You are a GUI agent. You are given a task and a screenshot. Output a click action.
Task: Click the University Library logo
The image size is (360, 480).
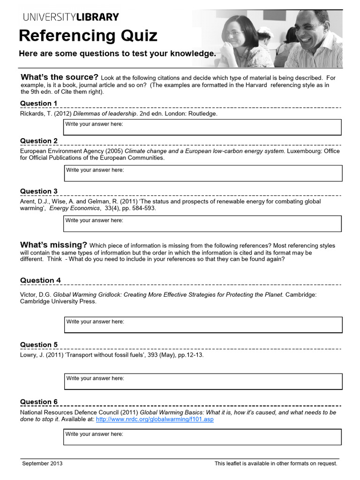(x=71, y=17)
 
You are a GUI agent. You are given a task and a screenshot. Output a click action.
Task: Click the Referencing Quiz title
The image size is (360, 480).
(x=88, y=36)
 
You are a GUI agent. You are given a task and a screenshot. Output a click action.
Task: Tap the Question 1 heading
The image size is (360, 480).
(x=39, y=103)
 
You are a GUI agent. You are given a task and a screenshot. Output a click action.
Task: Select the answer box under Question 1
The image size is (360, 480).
(x=202, y=127)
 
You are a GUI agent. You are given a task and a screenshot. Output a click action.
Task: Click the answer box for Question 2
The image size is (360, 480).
(x=202, y=173)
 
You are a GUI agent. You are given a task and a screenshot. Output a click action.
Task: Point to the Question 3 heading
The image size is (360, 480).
(x=39, y=191)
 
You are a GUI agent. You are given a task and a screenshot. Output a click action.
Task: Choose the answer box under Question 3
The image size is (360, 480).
(x=202, y=224)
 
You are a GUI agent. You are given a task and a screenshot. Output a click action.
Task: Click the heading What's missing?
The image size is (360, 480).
(x=53, y=245)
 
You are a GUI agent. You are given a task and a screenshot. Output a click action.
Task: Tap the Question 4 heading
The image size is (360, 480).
(x=40, y=280)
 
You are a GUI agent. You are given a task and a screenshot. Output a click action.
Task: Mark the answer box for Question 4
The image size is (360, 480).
(x=202, y=325)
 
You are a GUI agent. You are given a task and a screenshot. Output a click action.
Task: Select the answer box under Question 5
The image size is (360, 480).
(x=202, y=382)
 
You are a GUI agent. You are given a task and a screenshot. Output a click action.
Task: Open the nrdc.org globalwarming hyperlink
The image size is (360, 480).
(x=155, y=419)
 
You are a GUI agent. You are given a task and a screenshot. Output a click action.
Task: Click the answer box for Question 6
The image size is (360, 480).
(x=202, y=437)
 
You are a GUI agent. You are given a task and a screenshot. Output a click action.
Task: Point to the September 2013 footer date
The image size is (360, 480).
(x=43, y=464)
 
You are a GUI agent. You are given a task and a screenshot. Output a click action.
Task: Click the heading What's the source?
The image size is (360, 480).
(x=59, y=77)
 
